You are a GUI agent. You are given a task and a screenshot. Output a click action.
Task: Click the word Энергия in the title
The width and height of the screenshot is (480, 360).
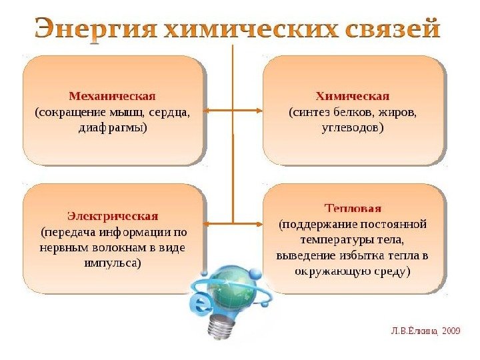click(x=96, y=30)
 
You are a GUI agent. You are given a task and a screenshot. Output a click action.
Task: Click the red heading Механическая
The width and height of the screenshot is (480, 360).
click(x=112, y=95)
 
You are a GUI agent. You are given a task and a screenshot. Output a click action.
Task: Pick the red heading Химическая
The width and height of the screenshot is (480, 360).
click(x=352, y=95)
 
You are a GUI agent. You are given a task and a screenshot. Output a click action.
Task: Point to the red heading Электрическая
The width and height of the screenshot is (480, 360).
click(x=113, y=216)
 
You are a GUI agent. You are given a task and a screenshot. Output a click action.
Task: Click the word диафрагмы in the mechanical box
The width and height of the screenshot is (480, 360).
click(x=112, y=127)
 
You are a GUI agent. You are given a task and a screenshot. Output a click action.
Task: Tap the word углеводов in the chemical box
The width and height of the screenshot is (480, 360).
click(x=352, y=126)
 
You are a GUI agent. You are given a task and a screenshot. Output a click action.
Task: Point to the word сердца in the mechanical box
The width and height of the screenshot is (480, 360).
click(x=172, y=111)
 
